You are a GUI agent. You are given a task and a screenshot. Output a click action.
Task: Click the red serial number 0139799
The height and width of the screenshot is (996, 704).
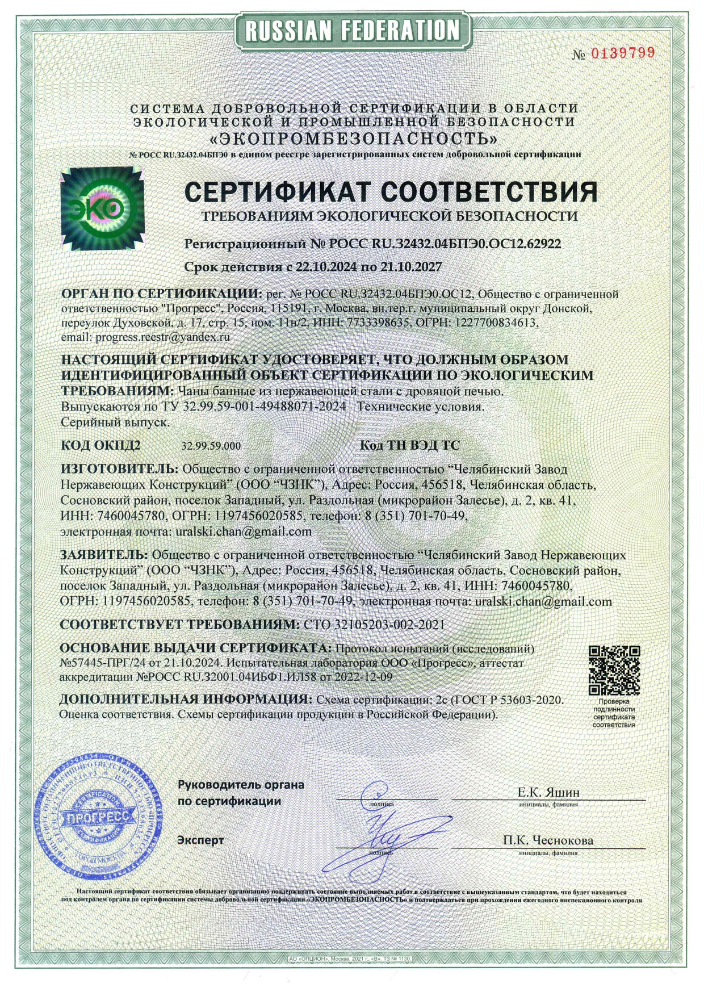click(x=623, y=53)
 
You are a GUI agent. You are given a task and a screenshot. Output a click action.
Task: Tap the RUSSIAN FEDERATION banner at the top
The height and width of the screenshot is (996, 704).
click(x=352, y=30)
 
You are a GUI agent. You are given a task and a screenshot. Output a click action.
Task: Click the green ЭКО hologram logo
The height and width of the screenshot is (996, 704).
click(x=102, y=209)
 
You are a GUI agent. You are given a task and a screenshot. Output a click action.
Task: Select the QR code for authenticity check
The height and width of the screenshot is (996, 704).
click(x=614, y=670)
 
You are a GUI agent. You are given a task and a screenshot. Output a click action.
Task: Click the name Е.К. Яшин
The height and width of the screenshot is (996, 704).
click(x=548, y=792)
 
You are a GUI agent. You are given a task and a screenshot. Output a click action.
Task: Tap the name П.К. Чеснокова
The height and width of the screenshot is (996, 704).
click(x=548, y=840)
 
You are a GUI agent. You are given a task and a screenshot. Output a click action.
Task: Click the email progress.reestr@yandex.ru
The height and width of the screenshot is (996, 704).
click(x=162, y=337)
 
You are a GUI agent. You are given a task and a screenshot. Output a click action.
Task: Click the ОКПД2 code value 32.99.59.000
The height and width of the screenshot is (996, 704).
click(x=211, y=446)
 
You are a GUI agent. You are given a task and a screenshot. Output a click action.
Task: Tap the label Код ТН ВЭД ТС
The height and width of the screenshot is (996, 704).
click(x=409, y=446)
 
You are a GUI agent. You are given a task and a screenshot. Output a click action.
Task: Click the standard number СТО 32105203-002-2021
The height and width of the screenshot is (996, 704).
click(x=374, y=625)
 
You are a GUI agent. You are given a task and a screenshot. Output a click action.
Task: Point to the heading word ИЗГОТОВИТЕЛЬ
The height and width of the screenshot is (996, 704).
click(x=119, y=470)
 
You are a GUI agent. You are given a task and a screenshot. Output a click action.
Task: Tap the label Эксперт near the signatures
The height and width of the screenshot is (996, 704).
click(x=200, y=840)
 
